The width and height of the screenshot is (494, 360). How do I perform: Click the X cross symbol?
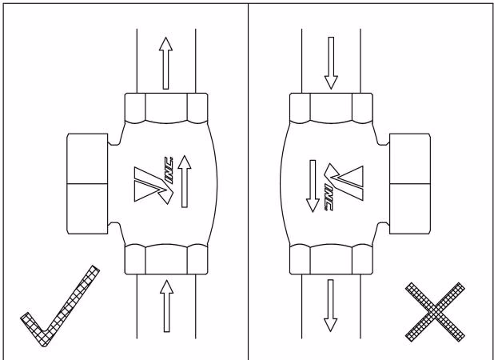tap(435, 312)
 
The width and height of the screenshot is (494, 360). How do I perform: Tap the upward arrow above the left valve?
tap(165, 63)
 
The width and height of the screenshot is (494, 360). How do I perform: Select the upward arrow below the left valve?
tap(166, 306)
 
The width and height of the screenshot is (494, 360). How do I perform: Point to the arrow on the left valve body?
tap(185, 182)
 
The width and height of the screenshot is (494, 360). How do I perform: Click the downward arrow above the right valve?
tap(331, 63)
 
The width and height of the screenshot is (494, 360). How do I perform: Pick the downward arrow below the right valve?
tap(330, 306)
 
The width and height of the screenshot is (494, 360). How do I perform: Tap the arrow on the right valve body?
tap(313, 186)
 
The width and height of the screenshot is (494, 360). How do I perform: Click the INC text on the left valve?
tap(169, 170)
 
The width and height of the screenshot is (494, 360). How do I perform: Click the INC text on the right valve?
tap(329, 198)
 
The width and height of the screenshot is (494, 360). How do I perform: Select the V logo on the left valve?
tap(153, 186)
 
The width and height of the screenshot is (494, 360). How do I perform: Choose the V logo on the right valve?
tap(344, 182)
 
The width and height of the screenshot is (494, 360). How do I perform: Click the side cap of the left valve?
tap(87, 184)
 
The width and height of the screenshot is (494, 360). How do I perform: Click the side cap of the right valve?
tap(410, 184)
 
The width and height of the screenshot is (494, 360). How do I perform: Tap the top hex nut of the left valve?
tap(166, 108)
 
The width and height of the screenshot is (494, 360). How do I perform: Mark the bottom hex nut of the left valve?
tap(166, 259)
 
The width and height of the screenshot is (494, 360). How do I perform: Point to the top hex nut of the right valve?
tap(331, 108)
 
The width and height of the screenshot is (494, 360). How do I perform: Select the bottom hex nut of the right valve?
tap(331, 259)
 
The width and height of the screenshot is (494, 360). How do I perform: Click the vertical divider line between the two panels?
tap(249, 182)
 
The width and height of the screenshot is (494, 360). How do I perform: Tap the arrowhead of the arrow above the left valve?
tap(165, 44)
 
